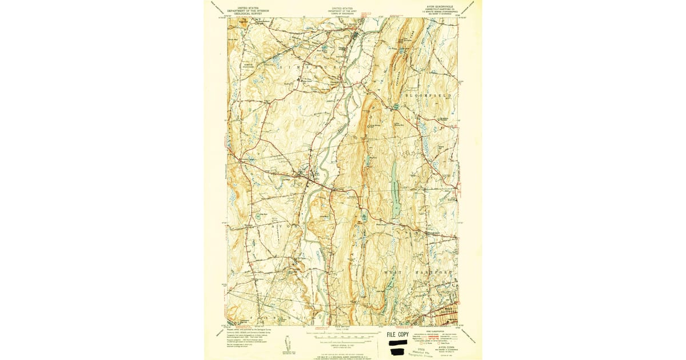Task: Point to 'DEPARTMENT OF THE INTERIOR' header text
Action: [x=247, y=10]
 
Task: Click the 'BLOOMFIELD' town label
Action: [x=429, y=94]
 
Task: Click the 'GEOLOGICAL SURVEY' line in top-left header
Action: [x=247, y=13]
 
